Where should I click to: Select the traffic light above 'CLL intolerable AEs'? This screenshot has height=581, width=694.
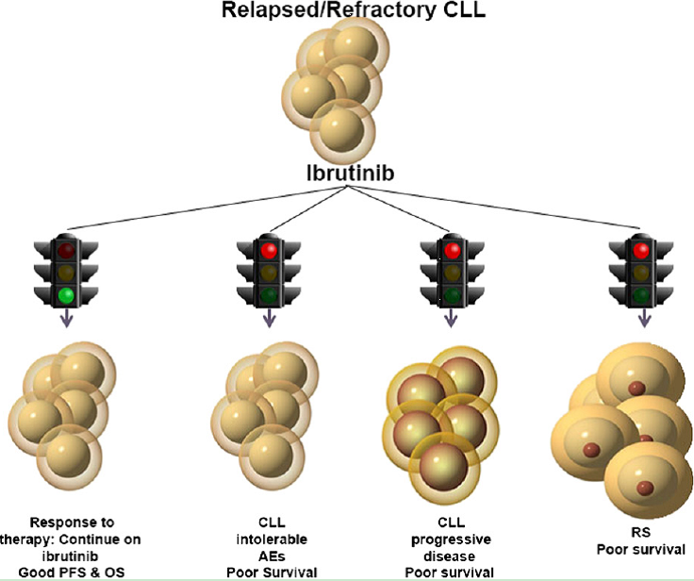[269, 274]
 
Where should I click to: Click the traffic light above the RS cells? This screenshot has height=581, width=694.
[644, 274]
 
